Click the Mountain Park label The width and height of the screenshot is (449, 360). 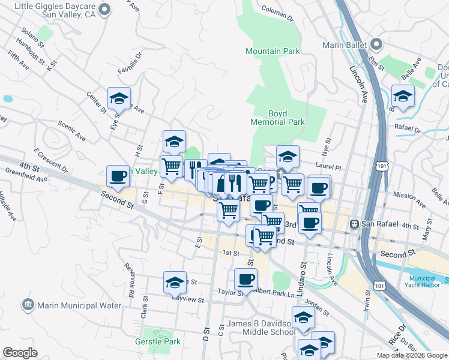click(273, 51)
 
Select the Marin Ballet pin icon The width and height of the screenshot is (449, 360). click(377, 44)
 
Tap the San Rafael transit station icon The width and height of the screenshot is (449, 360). click(355, 224)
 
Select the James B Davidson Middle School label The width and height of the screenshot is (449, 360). click(261, 328)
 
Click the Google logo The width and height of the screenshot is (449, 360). click(20, 353)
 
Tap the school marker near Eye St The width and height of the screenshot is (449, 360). click(119, 98)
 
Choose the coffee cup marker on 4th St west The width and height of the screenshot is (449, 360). click(118, 176)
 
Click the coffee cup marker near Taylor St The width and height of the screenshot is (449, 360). click(245, 278)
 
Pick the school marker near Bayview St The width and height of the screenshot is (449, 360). click(175, 281)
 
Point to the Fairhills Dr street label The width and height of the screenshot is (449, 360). click(129, 63)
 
